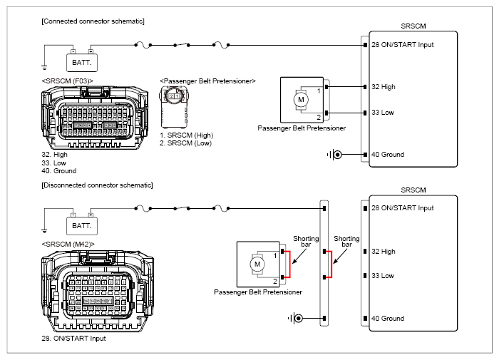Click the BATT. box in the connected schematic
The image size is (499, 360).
82,63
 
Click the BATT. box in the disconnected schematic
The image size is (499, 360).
82,226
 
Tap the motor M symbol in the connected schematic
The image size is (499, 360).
301,99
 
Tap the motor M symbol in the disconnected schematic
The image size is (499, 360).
257,264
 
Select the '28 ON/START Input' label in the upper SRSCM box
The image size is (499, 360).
403,45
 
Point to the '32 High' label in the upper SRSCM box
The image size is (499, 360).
384,87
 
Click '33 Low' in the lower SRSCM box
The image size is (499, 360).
383,276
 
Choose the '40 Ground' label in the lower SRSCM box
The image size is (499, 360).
388,319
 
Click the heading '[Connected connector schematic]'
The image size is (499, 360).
93,21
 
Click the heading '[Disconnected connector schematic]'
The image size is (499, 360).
97,185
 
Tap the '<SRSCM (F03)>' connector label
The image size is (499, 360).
68,81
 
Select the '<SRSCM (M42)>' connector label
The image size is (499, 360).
68,245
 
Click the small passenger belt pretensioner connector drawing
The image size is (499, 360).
174,107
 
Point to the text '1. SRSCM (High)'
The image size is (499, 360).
187,135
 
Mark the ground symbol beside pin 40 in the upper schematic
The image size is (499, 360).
334,155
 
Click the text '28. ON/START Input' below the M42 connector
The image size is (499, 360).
73,339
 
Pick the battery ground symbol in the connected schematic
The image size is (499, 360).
44,68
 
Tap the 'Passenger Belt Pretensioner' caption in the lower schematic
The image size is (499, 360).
258,292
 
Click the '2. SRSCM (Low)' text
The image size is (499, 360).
185,143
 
